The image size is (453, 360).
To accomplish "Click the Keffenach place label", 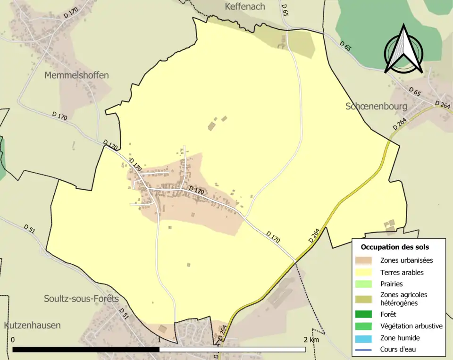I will pos(245,7).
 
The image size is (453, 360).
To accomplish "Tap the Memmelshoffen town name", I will pos(76,75).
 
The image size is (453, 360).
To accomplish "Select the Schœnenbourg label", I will pos(376,106).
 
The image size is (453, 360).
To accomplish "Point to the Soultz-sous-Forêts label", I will pos(81,299).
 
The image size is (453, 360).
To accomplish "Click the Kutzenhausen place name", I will pos(32,326).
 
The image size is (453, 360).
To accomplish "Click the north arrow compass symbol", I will pos(403,50).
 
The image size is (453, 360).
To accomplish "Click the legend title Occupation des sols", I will pos(394,247).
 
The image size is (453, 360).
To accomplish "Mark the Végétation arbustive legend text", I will pos(411,326).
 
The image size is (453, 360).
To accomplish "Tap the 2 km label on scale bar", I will pos(311,340).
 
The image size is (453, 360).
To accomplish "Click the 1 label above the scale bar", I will pos(159,340).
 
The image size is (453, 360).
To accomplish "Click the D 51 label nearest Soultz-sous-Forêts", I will pos(123,313).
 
